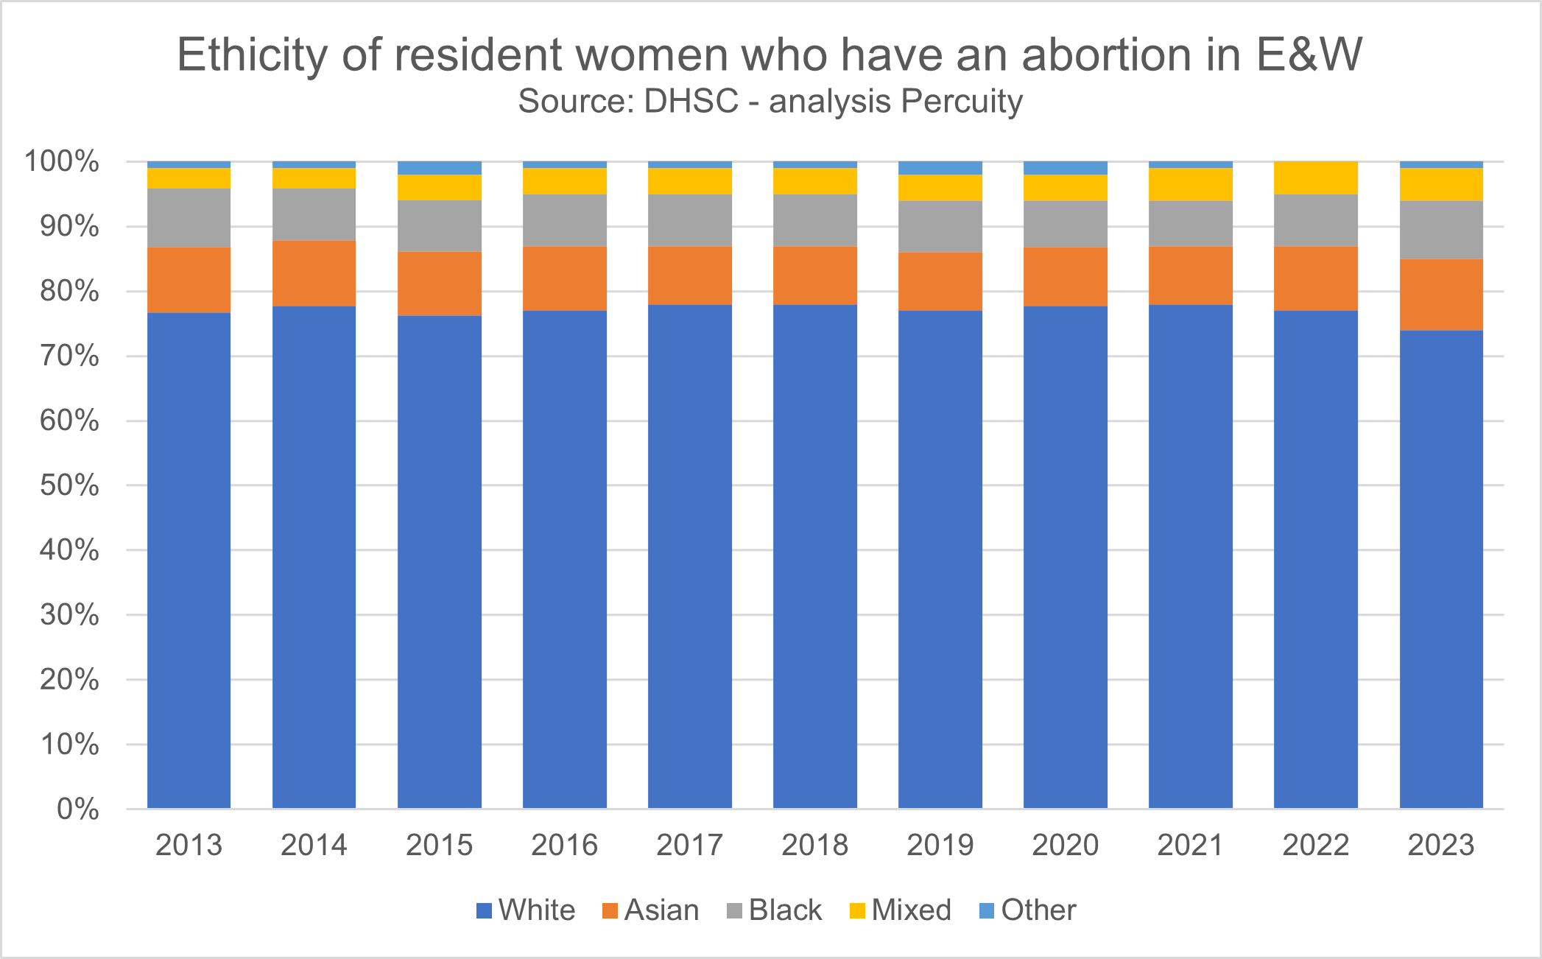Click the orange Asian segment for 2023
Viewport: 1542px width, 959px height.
coord(1441,295)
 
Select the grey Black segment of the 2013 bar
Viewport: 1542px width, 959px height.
coord(189,218)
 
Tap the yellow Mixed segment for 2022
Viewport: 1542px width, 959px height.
coord(1316,178)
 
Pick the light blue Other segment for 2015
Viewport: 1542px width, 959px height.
coord(440,168)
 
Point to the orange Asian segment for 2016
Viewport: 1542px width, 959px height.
coord(565,278)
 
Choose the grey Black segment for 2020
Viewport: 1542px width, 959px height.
coord(1066,224)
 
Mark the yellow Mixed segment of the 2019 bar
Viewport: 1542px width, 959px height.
coord(940,188)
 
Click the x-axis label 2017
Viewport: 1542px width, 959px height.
coord(690,845)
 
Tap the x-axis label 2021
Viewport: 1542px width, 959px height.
coord(1191,845)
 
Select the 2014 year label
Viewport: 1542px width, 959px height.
coord(314,845)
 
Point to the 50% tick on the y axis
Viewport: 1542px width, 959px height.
coord(69,485)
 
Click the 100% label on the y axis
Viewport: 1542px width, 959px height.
coord(62,161)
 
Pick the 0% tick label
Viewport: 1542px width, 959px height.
coord(77,809)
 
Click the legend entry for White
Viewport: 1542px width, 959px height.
coord(526,910)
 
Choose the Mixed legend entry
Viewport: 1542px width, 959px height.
coord(901,910)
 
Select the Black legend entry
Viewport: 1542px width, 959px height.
coord(775,910)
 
